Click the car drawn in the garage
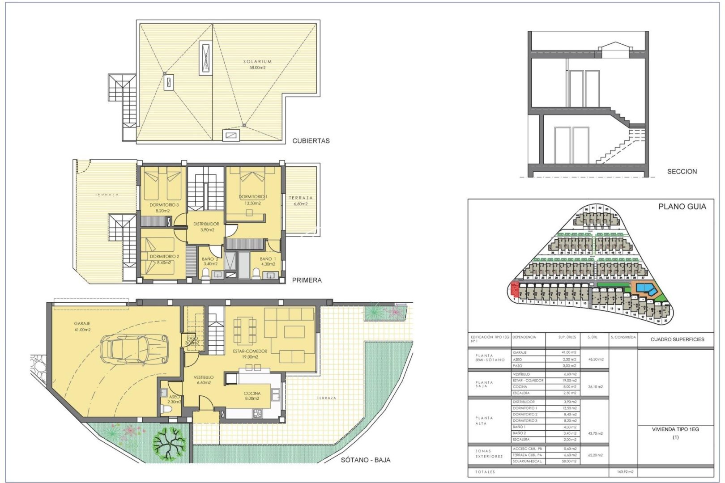134,348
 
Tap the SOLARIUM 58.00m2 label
257,64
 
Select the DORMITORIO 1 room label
253,199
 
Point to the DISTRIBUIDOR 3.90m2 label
206,227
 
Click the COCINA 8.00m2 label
252,396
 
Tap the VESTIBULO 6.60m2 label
204,380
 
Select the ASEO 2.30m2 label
174,399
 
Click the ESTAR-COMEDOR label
250,354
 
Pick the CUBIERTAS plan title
311,141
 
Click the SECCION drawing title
682,171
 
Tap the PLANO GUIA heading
682,207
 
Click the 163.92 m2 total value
623,472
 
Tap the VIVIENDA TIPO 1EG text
675,429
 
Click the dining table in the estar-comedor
245,329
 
